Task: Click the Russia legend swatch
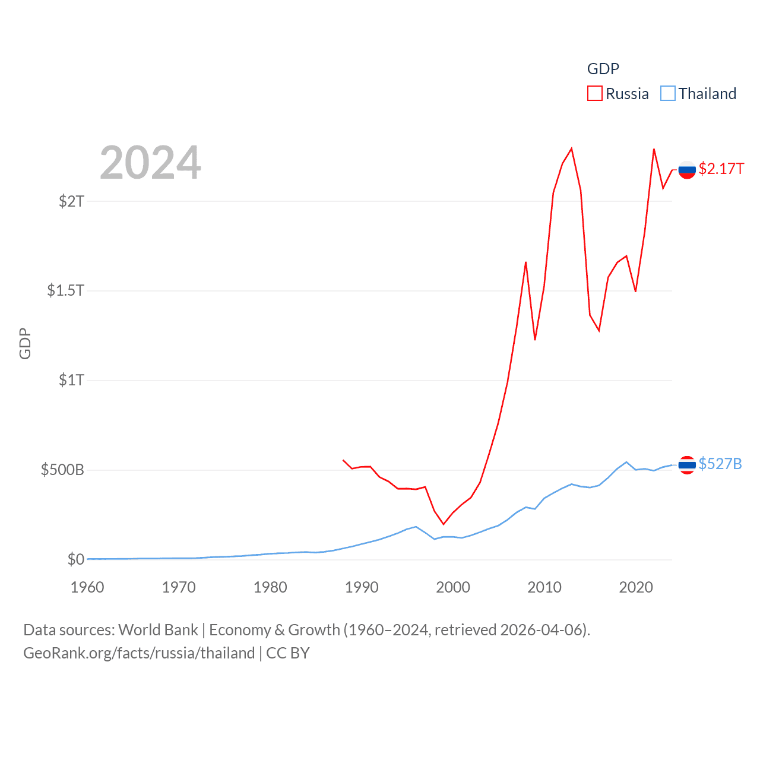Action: click(594, 94)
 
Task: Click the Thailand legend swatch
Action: click(668, 94)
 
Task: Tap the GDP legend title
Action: click(603, 69)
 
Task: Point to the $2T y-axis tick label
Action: click(71, 201)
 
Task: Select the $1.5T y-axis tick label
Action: click(65, 290)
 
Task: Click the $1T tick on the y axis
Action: click(71, 380)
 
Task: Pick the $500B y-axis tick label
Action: click(62, 470)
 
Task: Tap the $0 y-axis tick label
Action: click(76, 559)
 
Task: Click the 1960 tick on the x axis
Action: click(87, 587)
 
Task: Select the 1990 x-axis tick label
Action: click(362, 587)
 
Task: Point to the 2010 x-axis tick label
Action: click(544, 587)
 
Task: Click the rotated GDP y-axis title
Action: click(25, 343)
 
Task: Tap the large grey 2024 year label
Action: click(150, 163)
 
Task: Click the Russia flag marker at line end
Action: click(687, 170)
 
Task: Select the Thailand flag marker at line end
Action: click(687, 465)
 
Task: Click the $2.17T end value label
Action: click(721, 169)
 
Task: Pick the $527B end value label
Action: click(720, 464)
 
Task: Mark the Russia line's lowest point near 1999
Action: click(443, 524)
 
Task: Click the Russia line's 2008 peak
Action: click(525, 262)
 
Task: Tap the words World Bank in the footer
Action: click(158, 630)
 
